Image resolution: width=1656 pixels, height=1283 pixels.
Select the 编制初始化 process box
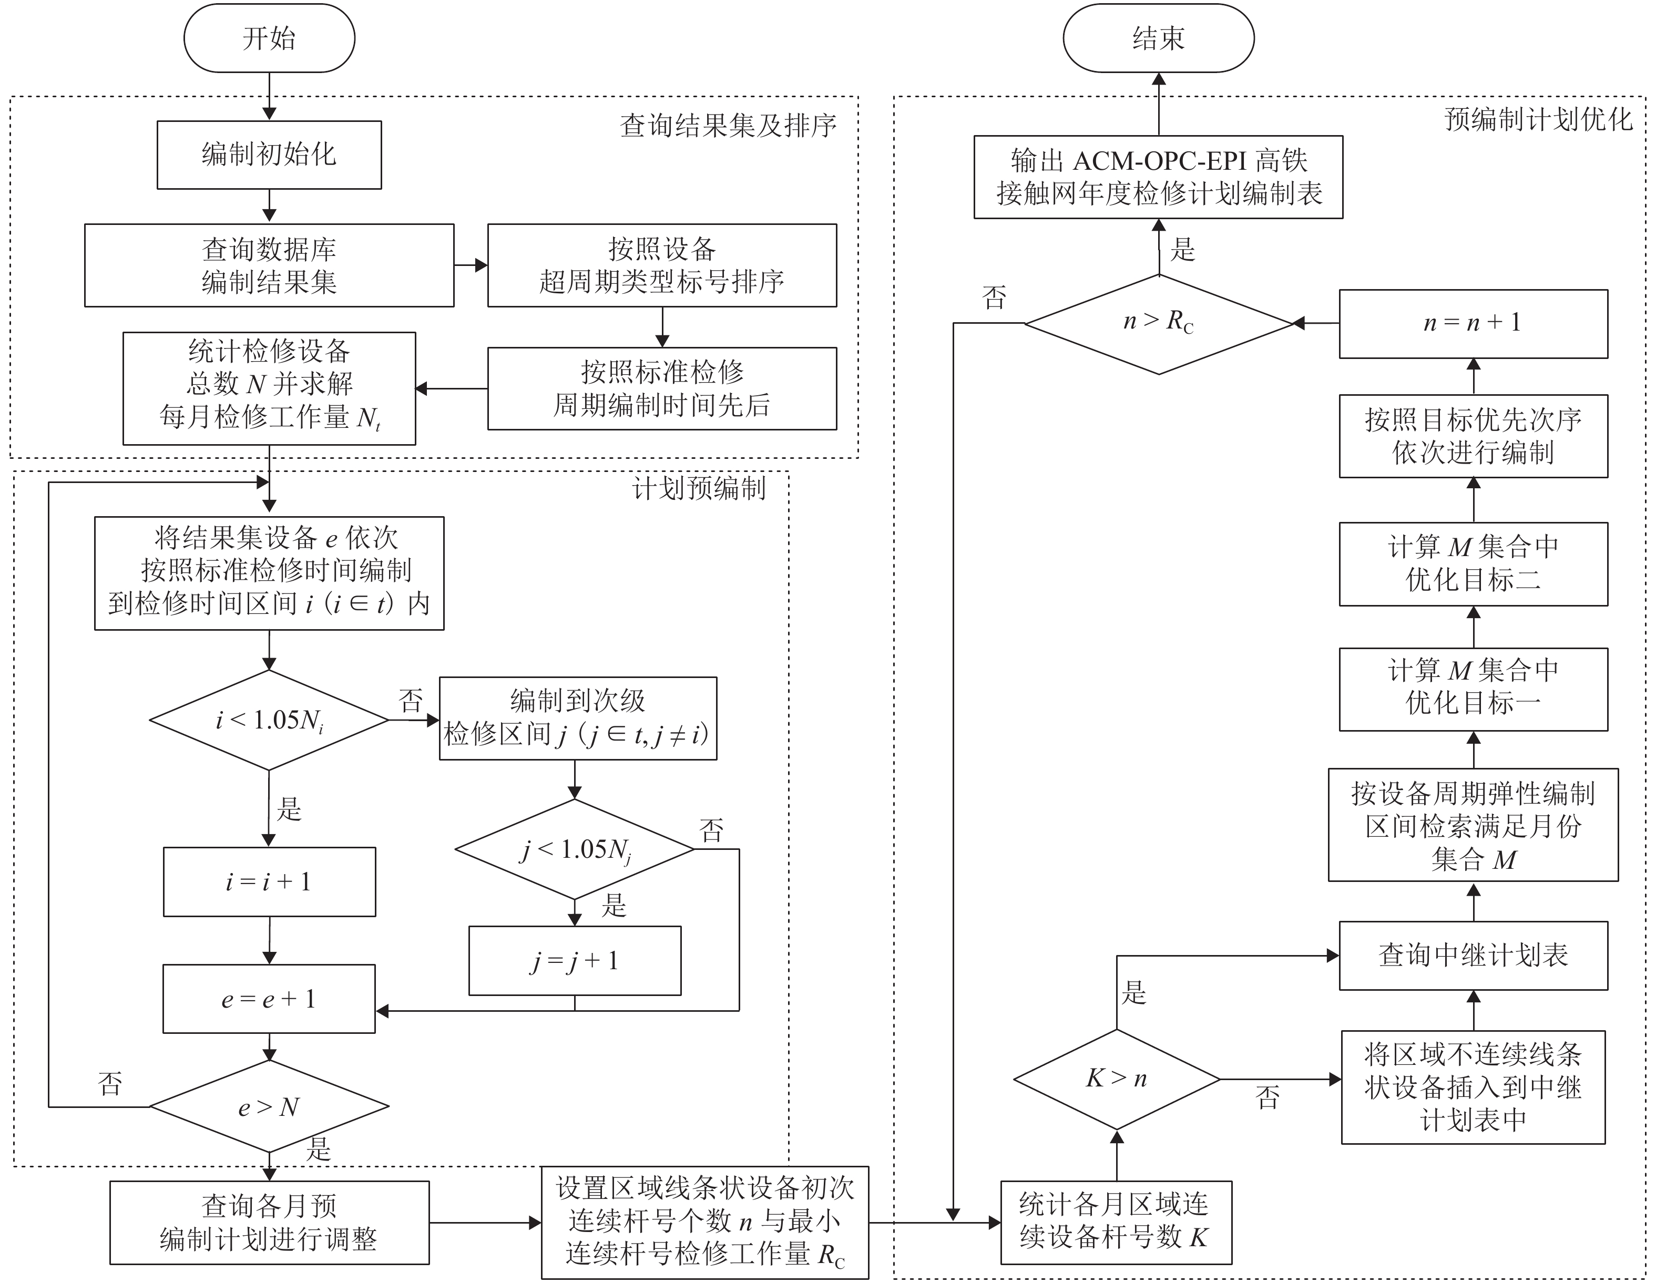coord(269,155)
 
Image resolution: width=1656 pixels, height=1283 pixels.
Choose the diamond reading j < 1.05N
coord(575,849)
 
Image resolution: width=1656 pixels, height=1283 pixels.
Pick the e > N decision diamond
coord(269,1107)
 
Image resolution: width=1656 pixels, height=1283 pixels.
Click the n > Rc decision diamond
coord(1158,323)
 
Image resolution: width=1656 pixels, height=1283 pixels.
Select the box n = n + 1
coord(1473,323)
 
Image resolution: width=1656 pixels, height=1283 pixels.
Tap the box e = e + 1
coord(269,999)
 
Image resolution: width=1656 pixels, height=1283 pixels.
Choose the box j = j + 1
coord(575,961)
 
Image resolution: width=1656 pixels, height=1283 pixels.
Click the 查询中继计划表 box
coord(1473,956)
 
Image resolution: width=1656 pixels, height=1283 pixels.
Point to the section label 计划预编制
coord(698,488)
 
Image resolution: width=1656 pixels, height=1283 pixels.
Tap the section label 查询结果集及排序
coord(728,126)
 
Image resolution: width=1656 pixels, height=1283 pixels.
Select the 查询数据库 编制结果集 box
coord(269,265)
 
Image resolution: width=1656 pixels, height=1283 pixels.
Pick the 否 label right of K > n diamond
coord(1267,1097)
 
